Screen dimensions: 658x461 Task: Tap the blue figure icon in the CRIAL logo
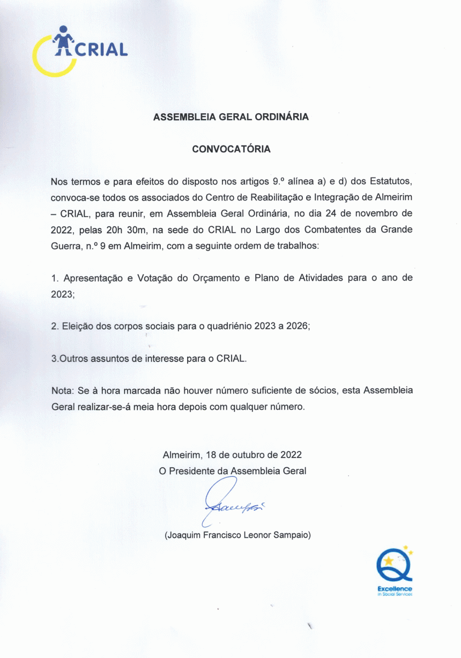click(64, 41)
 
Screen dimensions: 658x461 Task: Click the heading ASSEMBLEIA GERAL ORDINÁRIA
click(231, 117)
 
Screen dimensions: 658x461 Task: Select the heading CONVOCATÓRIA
click(231, 149)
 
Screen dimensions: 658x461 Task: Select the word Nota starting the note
click(63, 390)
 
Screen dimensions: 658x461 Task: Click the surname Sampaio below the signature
click(292, 535)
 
